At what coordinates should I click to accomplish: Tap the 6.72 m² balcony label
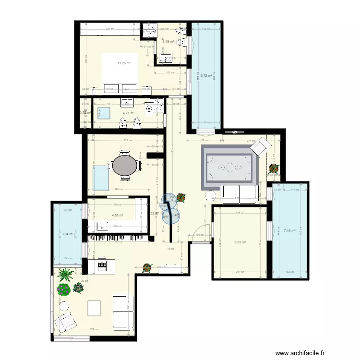[206, 75]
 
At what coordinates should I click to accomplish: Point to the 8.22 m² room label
[240, 242]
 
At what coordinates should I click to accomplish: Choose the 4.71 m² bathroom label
[128, 113]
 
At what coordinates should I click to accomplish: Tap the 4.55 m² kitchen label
[118, 216]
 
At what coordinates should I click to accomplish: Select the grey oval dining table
[125, 165]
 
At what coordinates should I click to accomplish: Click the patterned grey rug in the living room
[230, 166]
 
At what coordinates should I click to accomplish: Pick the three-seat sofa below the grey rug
[239, 193]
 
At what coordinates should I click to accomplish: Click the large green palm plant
[65, 275]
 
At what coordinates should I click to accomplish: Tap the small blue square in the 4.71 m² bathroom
[103, 113]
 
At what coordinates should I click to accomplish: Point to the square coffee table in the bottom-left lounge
[95, 308]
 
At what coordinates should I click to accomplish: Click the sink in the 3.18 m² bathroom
[166, 59]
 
